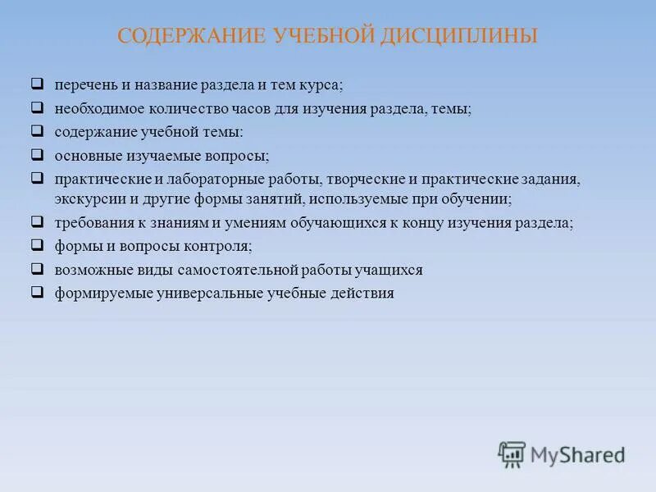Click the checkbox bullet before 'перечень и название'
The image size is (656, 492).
[x=37, y=84]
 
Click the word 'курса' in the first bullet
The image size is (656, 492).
[x=322, y=85]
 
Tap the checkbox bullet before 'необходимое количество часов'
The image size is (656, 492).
[x=37, y=107]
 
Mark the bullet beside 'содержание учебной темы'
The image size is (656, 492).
[x=37, y=130]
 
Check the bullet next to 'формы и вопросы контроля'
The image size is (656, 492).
[x=37, y=244]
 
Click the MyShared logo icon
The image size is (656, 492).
[x=512, y=453]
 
